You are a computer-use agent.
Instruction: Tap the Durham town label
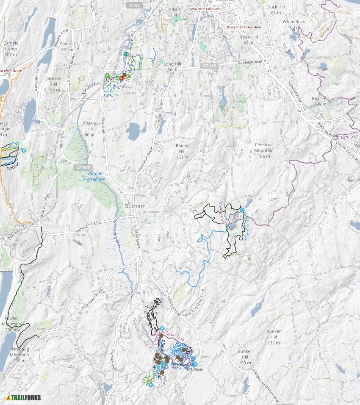pyautogui.click(x=135, y=206)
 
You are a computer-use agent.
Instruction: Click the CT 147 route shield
pyautogui.click(x=83, y=168)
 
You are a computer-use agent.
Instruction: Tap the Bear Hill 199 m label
pyautogui.click(x=319, y=101)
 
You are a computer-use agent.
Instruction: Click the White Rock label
pyautogui.click(x=294, y=24)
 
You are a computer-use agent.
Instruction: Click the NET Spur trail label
pyautogui.click(x=350, y=137)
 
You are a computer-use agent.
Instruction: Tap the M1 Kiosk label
pyautogui.click(x=196, y=369)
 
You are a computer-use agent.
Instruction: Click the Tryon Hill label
pyautogui.click(x=248, y=40)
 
